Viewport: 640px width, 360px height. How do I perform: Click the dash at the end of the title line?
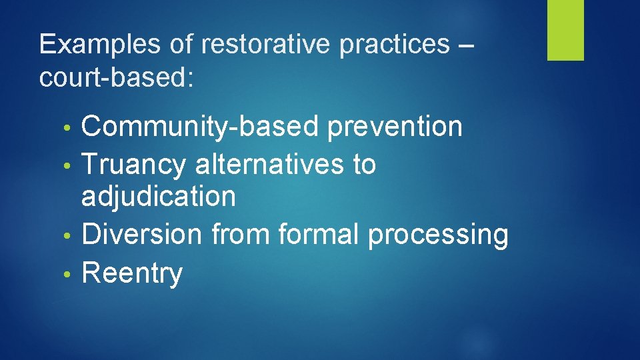point(467,45)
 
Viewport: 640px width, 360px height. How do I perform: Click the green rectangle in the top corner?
point(565,29)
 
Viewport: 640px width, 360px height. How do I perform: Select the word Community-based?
point(199,127)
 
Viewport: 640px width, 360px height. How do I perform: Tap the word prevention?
point(394,126)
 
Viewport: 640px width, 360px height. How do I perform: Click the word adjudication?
point(159,197)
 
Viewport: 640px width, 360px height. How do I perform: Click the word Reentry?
point(131,273)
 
